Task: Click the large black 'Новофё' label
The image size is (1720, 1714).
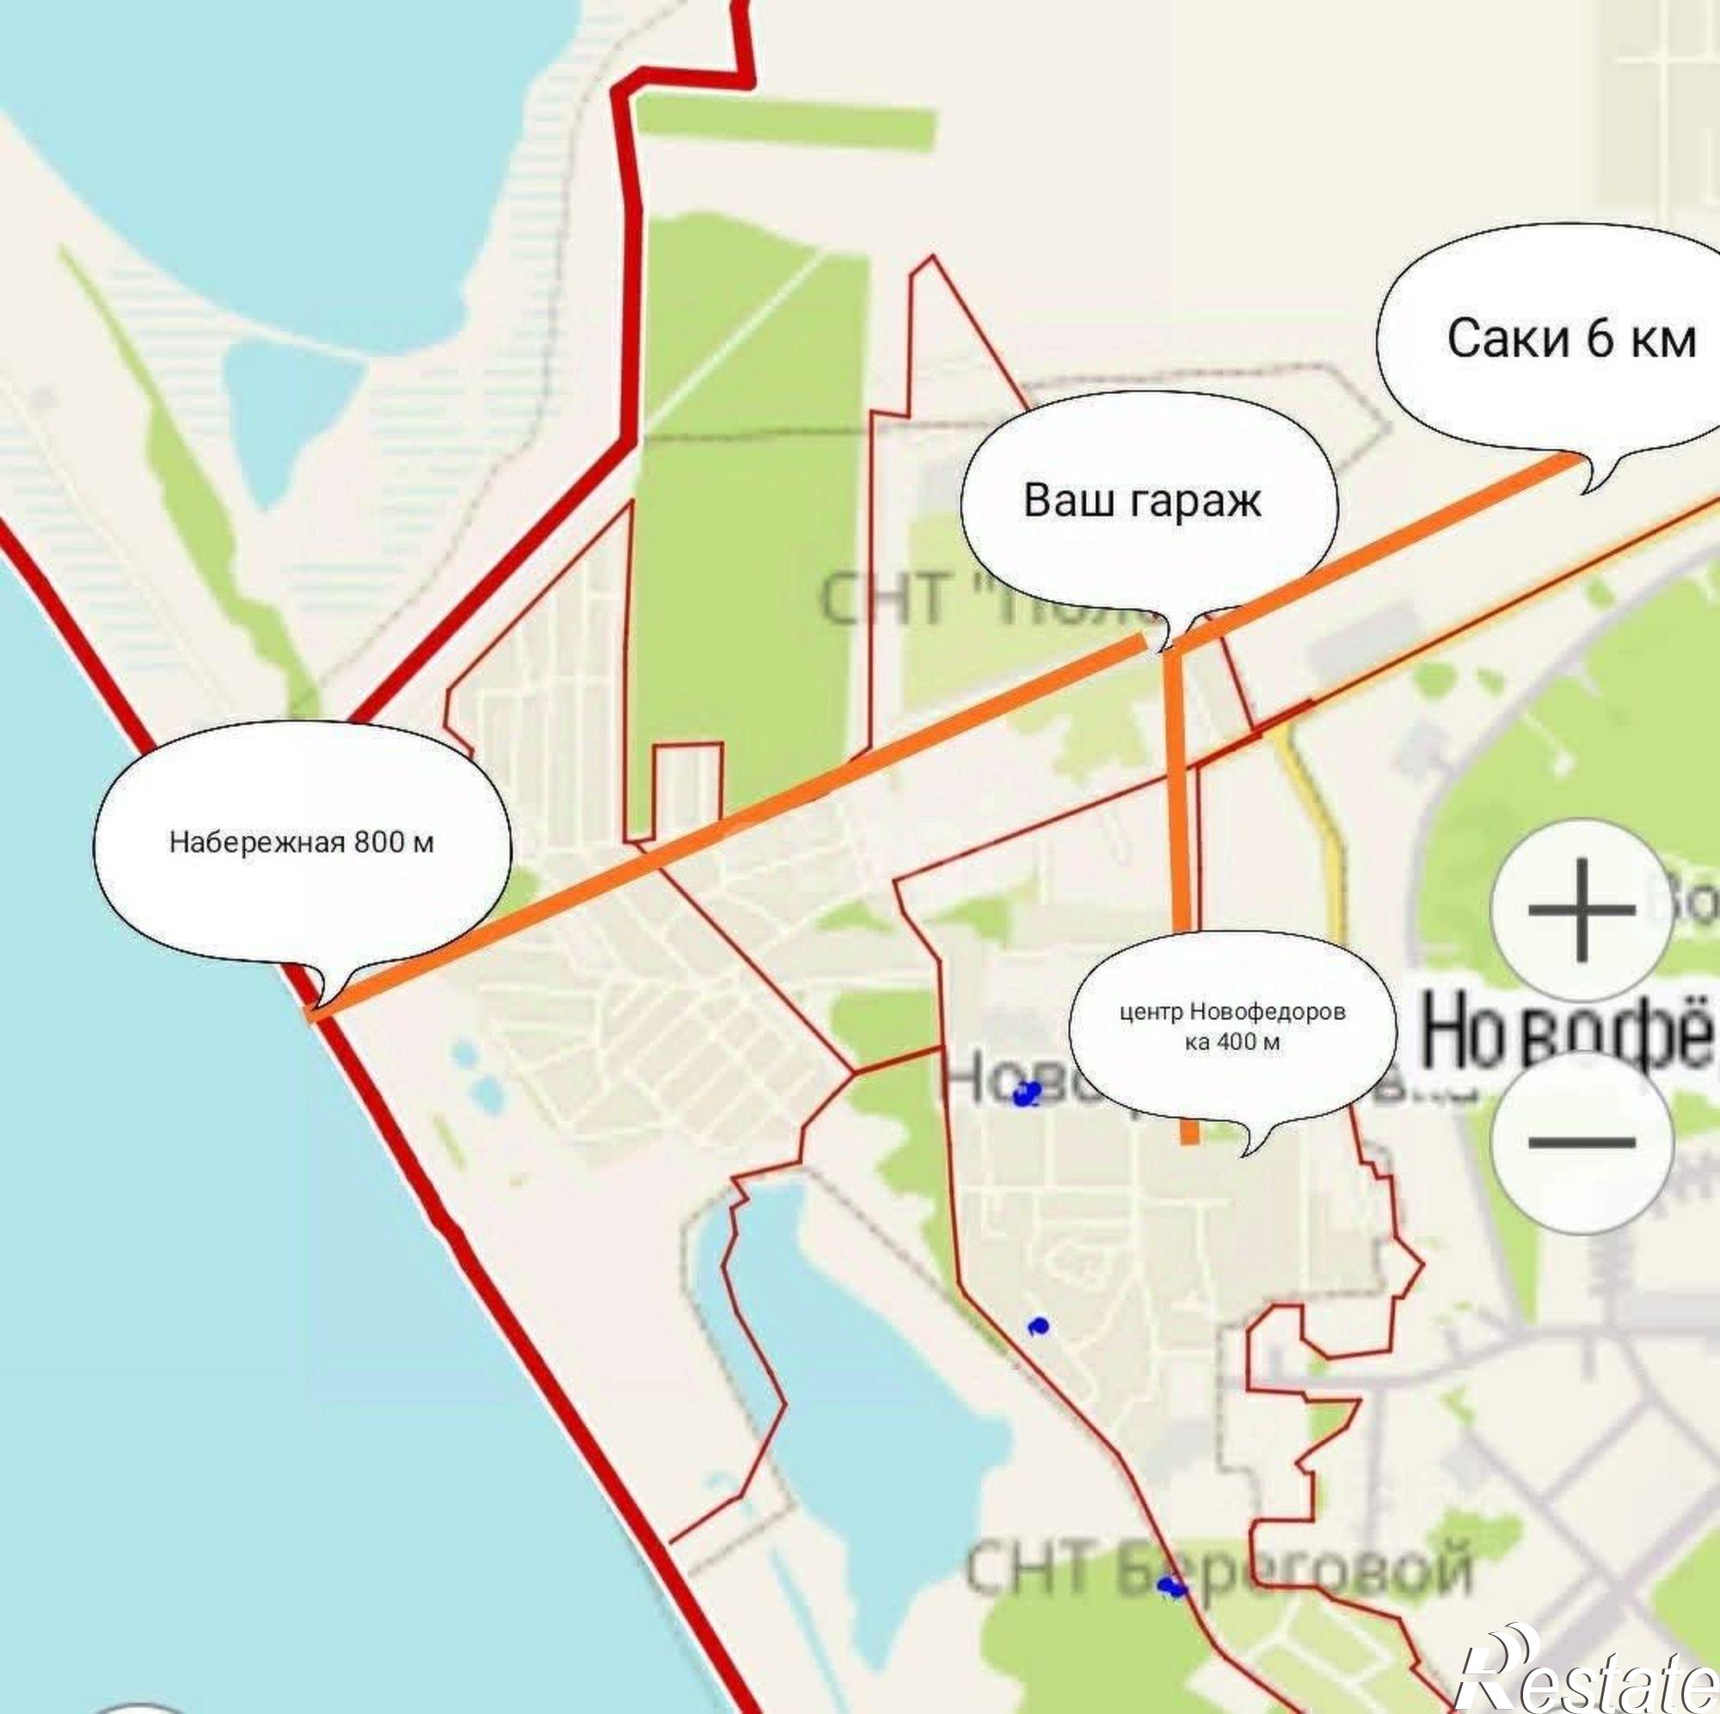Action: pyautogui.click(x=1567, y=1033)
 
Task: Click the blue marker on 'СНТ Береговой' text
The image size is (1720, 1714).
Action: pyautogui.click(x=1170, y=1587)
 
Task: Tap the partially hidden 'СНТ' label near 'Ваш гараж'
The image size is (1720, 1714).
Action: pyautogui.click(x=881, y=599)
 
